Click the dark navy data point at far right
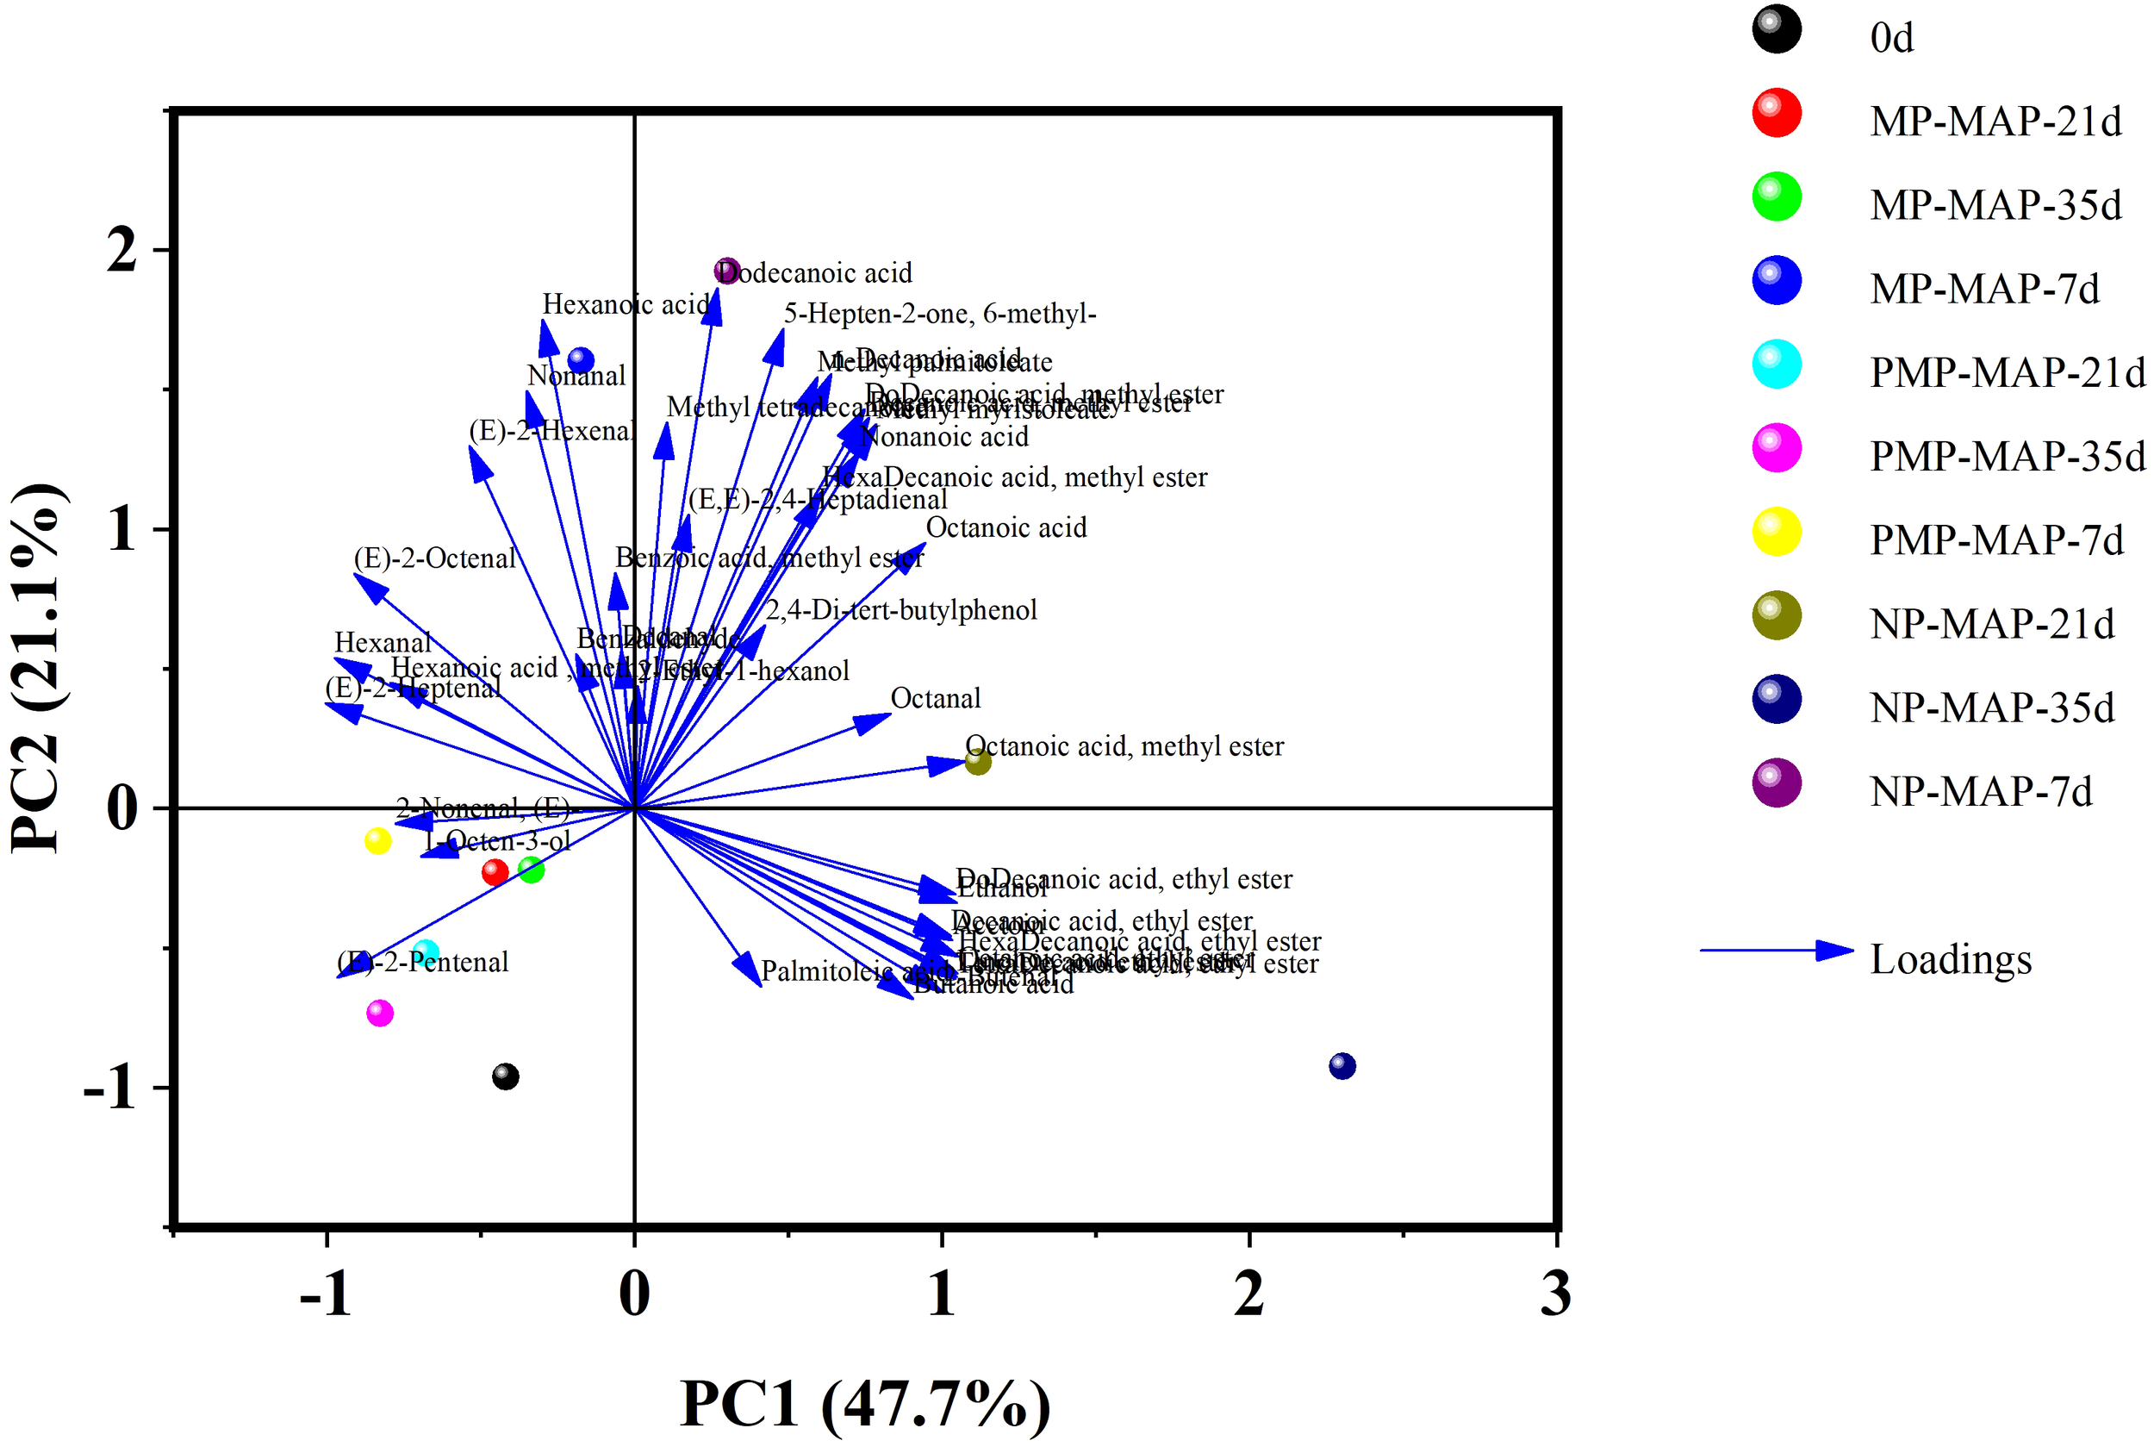[x=1342, y=1067]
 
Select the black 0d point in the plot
[x=505, y=1076]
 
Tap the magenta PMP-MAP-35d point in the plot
[x=380, y=1013]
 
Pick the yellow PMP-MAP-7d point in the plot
[x=378, y=841]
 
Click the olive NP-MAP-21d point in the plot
[x=978, y=763]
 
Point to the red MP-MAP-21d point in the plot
[x=495, y=872]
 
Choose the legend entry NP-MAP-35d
[x=1992, y=708]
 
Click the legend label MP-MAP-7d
[x=1984, y=289]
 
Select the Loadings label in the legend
[x=1950, y=959]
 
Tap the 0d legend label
[x=1891, y=38]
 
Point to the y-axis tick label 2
[x=122, y=250]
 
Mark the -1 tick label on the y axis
[x=111, y=1087]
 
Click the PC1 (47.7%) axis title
[x=865, y=1403]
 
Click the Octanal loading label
[x=935, y=699]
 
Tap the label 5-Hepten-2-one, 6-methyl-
[x=939, y=315]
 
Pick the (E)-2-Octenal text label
[x=434, y=558]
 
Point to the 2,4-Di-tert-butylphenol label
[x=901, y=610]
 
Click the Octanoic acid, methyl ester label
[x=1124, y=746]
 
